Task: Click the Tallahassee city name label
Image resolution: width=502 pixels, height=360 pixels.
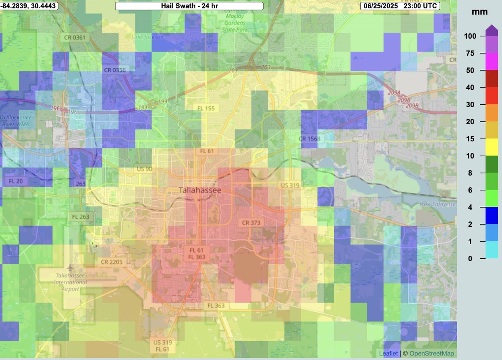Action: click(x=200, y=190)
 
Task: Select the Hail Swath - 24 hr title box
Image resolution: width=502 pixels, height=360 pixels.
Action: click(x=189, y=6)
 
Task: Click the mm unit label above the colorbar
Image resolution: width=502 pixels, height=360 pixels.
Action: click(x=479, y=12)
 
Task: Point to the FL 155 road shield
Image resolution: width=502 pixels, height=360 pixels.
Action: click(x=206, y=108)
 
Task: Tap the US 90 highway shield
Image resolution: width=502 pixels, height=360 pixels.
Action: click(x=144, y=169)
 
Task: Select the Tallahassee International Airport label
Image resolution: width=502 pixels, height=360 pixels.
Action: click(x=70, y=282)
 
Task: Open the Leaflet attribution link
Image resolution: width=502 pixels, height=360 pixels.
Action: click(x=388, y=354)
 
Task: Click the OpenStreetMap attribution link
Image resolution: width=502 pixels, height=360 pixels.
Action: click(x=429, y=354)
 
